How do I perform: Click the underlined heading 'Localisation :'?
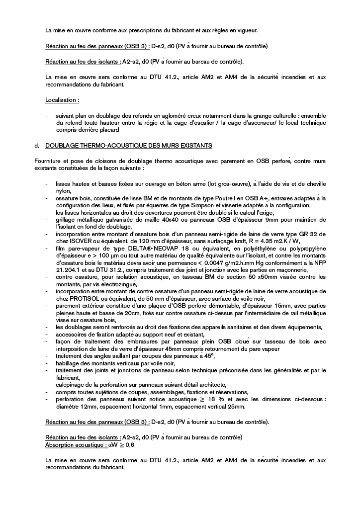(62, 100)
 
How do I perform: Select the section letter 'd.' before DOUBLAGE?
(37, 146)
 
